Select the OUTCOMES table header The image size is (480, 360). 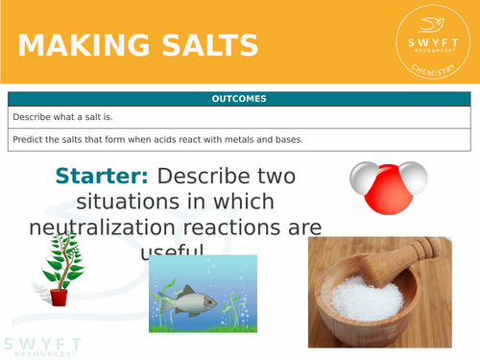[240, 99]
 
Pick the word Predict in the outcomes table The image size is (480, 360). [29, 140]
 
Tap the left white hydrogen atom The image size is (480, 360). [363, 178]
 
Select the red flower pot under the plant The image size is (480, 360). [60, 297]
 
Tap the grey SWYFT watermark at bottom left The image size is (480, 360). [41, 346]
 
